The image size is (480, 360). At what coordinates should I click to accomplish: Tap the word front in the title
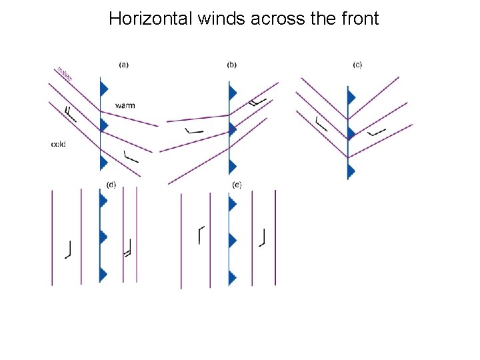click(x=361, y=19)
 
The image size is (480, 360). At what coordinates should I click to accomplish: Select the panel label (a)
click(x=123, y=65)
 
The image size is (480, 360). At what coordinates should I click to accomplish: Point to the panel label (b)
click(x=232, y=65)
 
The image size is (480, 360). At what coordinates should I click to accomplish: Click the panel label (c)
click(x=357, y=65)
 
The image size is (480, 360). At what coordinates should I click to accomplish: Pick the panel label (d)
click(x=111, y=185)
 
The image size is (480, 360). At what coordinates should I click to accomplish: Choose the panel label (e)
click(x=237, y=185)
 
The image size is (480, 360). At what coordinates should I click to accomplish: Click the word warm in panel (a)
click(x=125, y=105)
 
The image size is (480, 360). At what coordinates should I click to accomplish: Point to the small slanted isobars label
click(x=65, y=73)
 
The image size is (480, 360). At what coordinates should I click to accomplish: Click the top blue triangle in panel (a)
click(x=103, y=88)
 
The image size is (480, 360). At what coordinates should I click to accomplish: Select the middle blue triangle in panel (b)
click(x=233, y=129)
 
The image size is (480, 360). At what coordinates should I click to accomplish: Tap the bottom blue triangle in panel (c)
click(x=351, y=171)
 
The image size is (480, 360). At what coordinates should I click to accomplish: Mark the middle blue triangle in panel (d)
click(x=103, y=237)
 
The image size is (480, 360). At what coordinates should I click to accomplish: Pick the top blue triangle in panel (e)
click(x=233, y=201)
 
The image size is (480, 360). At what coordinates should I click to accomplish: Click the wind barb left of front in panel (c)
click(x=321, y=123)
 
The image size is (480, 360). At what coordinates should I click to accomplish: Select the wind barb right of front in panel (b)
click(x=257, y=101)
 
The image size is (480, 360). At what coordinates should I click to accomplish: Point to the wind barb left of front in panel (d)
click(x=68, y=249)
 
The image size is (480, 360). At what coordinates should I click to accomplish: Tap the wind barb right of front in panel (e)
click(x=263, y=237)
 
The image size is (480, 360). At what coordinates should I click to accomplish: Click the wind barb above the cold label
click(x=69, y=113)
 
